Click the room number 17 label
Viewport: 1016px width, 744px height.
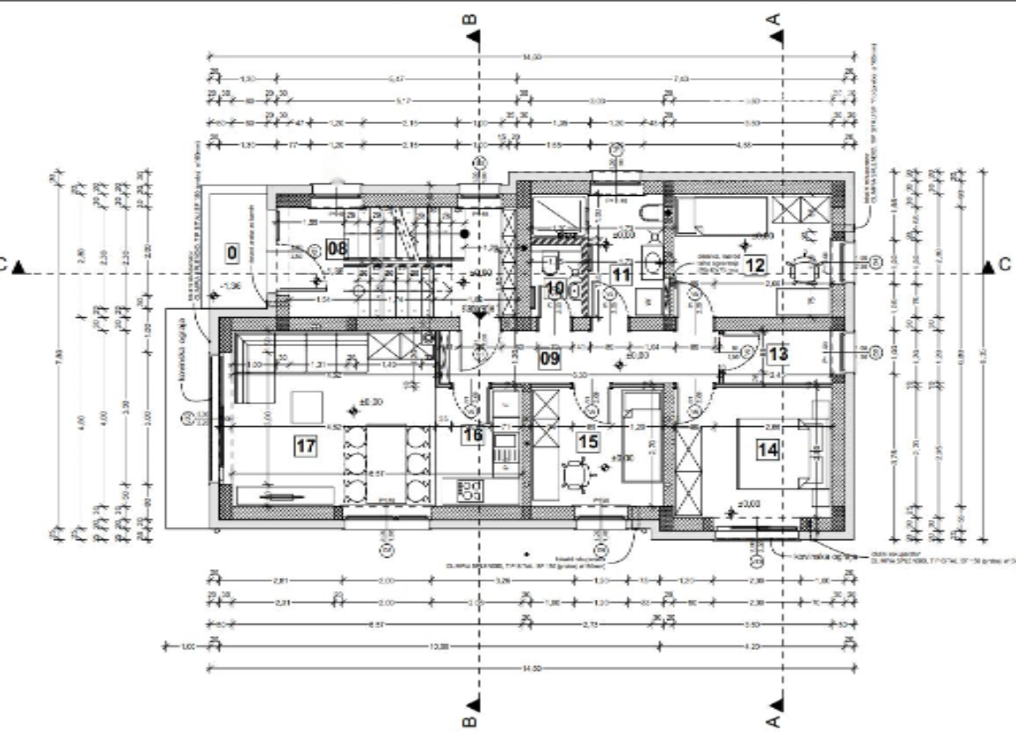[305, 446]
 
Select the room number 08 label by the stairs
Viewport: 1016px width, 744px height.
[337, 248]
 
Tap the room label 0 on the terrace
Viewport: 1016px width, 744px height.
[232, 254]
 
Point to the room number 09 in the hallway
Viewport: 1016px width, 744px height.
[549, 358]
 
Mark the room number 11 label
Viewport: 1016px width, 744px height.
[621, 274]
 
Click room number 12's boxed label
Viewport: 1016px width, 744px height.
[754, 264]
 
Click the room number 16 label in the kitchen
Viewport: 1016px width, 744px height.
[473, 434]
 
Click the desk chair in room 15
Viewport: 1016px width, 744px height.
[577, 474]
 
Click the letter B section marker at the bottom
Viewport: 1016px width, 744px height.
[471, 721]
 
